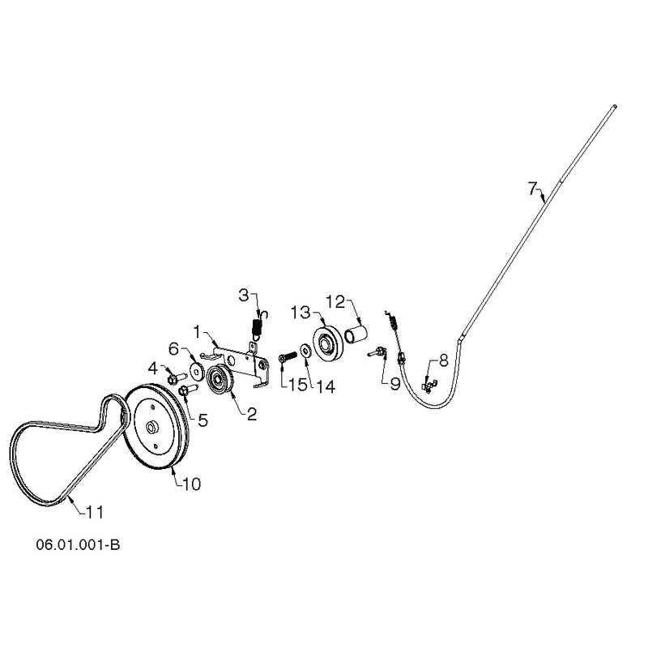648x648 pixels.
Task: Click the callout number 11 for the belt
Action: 95,513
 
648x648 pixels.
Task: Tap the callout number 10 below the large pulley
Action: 191,484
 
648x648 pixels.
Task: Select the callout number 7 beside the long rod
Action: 532,189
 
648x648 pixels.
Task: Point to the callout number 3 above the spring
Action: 245,296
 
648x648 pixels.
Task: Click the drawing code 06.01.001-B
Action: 78,544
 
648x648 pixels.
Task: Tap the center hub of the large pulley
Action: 151,426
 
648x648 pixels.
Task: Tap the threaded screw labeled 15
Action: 288,356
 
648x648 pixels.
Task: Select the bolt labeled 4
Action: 177,377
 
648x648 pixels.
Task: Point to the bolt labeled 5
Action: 188,390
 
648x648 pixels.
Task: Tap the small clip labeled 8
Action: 428,386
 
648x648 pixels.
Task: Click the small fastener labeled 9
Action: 377,352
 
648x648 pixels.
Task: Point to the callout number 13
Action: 301,313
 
